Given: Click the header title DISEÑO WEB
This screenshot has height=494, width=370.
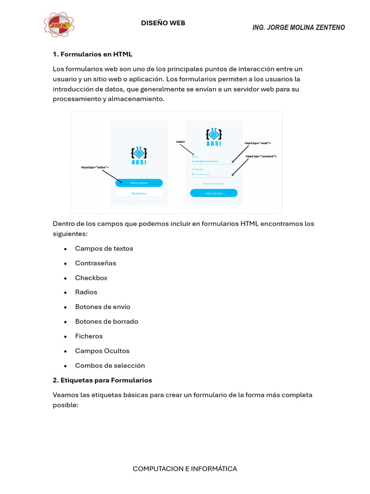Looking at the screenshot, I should (163, 23).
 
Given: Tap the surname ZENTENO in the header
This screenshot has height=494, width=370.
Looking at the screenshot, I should (330, 27).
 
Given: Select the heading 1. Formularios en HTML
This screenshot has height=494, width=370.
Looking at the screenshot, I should (92, 54).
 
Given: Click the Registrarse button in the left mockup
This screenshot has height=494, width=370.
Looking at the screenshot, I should (139, 193).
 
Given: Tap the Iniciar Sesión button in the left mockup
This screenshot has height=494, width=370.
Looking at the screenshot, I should (139, 183).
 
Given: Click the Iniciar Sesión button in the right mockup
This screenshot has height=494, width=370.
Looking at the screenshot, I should (213, 193).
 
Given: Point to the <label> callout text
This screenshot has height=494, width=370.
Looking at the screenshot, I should (180, 142).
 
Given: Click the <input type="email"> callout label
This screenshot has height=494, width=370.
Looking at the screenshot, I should (257, 143).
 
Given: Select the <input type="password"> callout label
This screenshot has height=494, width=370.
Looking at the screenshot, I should (261, 157).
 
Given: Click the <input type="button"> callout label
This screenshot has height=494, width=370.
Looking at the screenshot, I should (94, 167).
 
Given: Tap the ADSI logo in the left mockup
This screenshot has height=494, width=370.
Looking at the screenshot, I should (139, 155).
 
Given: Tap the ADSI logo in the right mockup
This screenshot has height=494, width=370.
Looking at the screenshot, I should (213, 137).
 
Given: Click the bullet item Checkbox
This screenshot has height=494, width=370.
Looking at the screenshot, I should (91, 278).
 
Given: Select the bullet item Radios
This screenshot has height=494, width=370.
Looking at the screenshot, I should (86, 292).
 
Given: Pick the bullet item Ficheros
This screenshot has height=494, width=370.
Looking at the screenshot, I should (89, 336).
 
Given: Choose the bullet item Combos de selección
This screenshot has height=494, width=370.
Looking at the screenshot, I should (110, 366).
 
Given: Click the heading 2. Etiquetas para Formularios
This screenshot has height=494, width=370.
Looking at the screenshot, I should (102, 380).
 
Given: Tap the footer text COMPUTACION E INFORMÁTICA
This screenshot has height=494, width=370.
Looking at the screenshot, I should (185, 469).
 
